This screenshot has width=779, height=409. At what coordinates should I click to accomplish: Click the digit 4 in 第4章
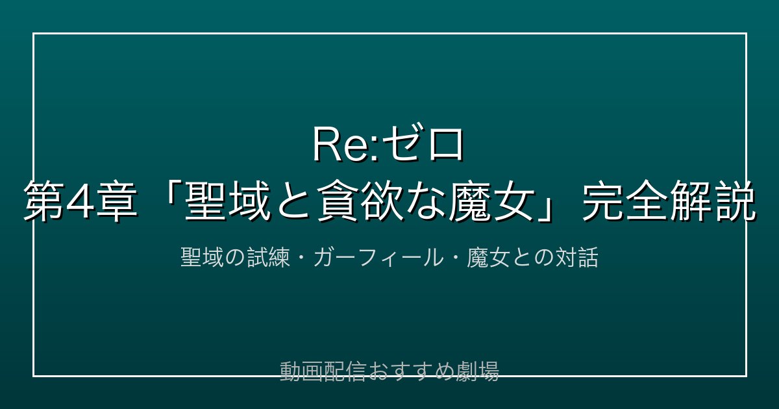tap(82, 202)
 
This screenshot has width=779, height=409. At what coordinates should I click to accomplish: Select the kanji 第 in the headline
tap(44, 202)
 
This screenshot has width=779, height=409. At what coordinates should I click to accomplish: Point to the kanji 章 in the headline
tap(117, 202)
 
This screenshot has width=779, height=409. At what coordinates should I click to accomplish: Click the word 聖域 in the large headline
tap(227, 202)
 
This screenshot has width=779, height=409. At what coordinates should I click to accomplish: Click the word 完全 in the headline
tap(625, 202)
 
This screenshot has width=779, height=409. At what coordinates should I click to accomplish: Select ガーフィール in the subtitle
tap(378, 258)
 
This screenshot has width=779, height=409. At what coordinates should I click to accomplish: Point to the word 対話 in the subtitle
tap(576, 258)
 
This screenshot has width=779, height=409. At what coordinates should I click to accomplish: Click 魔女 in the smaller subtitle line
tap(488, 258)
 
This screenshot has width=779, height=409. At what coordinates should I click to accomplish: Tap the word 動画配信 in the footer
tap(323, 371)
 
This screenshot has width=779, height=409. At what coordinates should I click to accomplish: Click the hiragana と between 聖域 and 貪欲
tap(293, 202)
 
